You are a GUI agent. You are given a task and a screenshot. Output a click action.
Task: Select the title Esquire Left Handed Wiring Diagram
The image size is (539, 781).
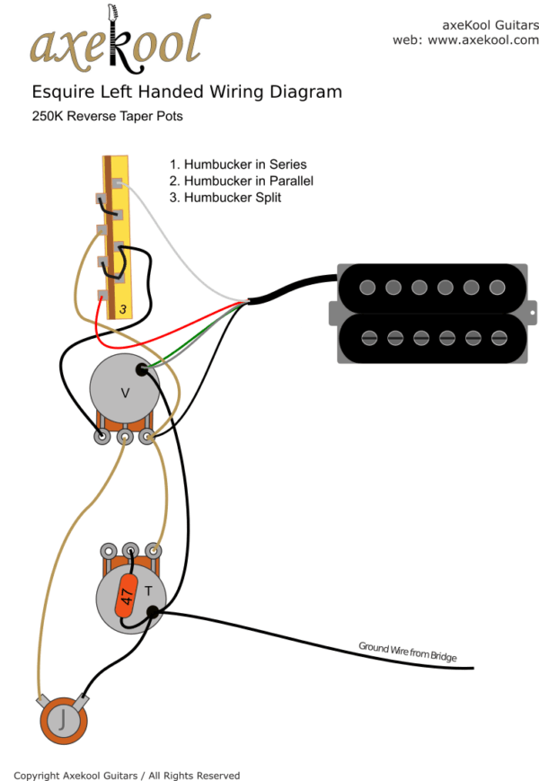187,92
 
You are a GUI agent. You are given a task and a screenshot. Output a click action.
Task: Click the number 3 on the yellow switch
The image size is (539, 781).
123,309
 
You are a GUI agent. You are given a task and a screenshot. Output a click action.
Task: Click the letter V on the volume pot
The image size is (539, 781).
125,392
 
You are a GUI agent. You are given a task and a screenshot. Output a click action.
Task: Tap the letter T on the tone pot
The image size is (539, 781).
148,591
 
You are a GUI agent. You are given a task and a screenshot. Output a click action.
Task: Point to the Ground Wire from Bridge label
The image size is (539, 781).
408,652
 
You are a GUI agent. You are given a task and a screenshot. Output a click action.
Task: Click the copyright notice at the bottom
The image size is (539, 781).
127,775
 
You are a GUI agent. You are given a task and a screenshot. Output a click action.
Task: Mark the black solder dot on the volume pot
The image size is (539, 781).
142,369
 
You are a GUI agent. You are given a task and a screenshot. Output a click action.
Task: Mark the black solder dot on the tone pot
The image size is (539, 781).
154,613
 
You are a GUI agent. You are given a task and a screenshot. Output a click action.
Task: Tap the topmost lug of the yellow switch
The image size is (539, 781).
117,183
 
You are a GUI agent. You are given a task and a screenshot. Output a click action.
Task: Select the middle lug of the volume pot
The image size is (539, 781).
125,438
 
